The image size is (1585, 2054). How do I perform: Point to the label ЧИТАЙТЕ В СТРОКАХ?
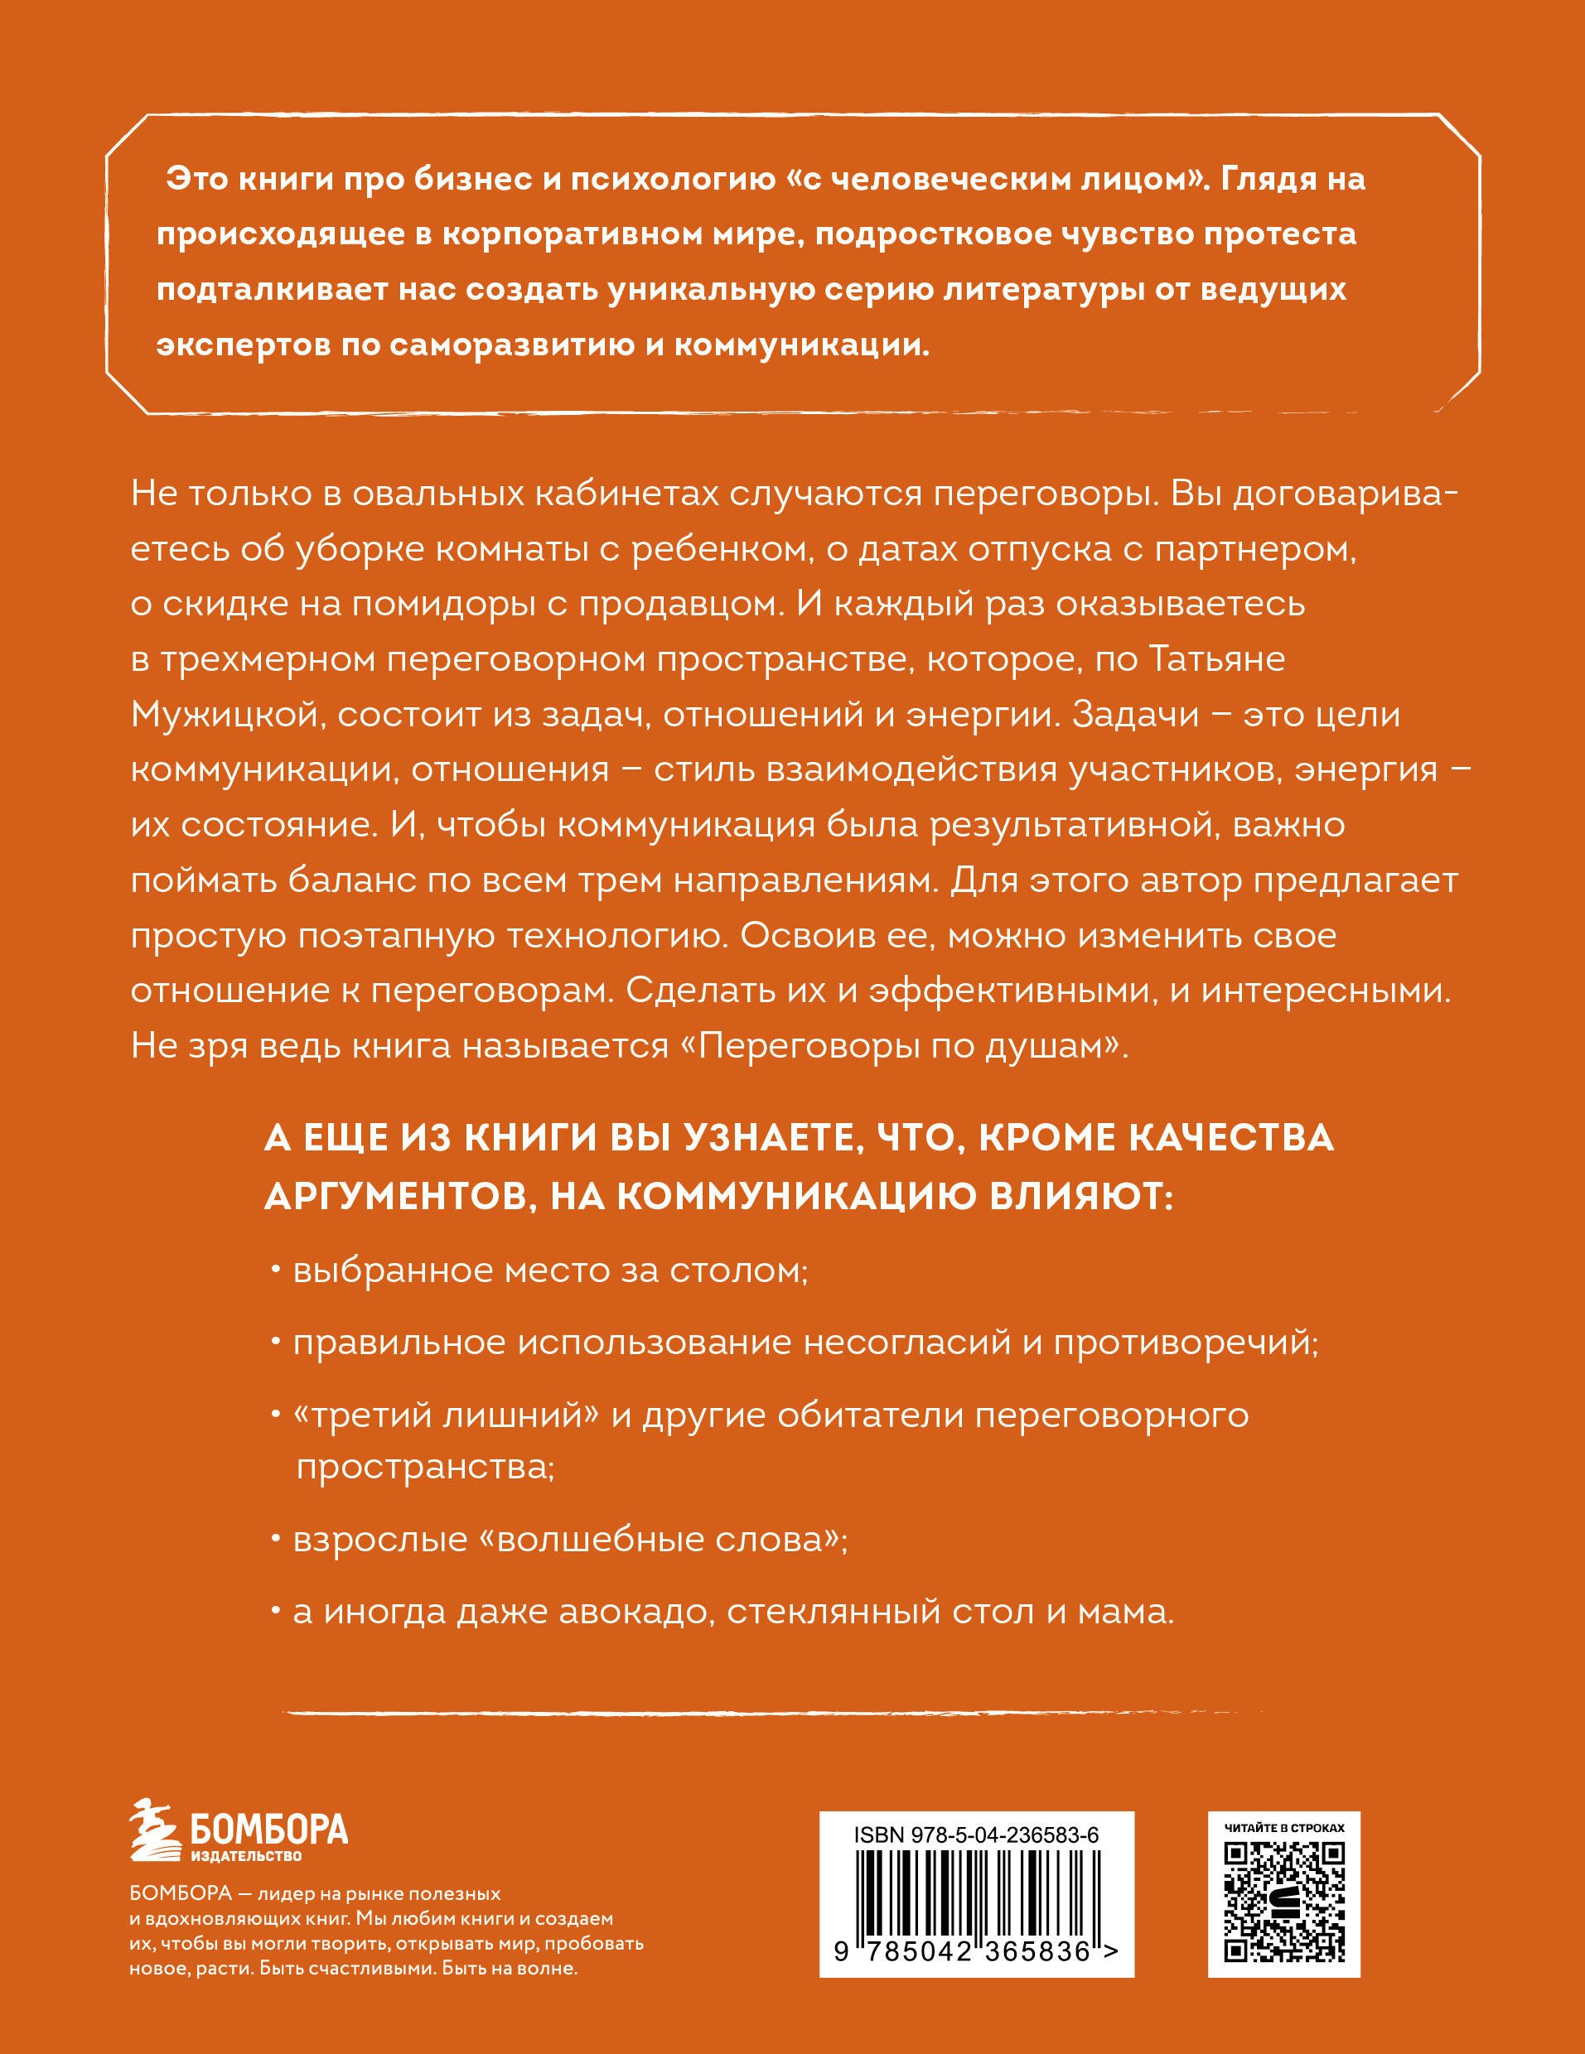(x=1284, y=1827)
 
